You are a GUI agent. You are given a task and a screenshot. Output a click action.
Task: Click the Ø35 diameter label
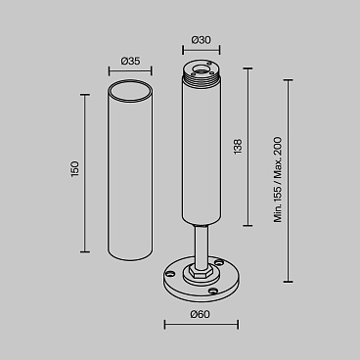[x=130, y=61]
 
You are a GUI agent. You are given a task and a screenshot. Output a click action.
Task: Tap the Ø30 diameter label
[x=202, y=40]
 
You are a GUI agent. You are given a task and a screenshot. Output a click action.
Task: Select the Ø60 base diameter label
[x=202, y=313]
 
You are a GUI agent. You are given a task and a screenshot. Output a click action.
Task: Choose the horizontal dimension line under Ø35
[x=130, y=70]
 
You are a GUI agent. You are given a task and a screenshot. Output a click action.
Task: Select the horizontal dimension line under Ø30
[x=202, y=50]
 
